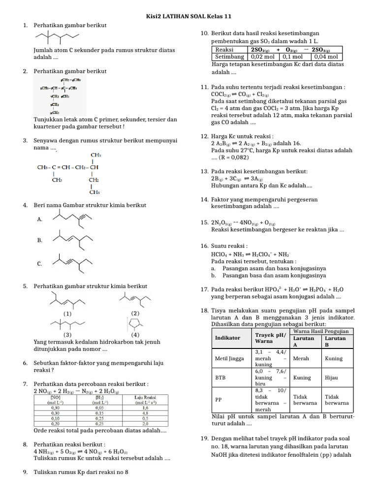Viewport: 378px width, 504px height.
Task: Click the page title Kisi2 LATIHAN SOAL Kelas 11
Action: point(189,16)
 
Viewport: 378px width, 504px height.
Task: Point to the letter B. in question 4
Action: point(40,240)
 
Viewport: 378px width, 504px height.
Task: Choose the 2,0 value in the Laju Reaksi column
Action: point(145,423)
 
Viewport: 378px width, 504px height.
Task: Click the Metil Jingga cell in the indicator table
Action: point(229,358)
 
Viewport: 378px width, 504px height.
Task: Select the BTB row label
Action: point(220,378)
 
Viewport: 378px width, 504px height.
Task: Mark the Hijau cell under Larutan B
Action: point(331,378)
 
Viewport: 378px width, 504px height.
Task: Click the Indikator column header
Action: point(228,338)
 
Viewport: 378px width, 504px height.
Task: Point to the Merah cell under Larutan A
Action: point(301,358)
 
